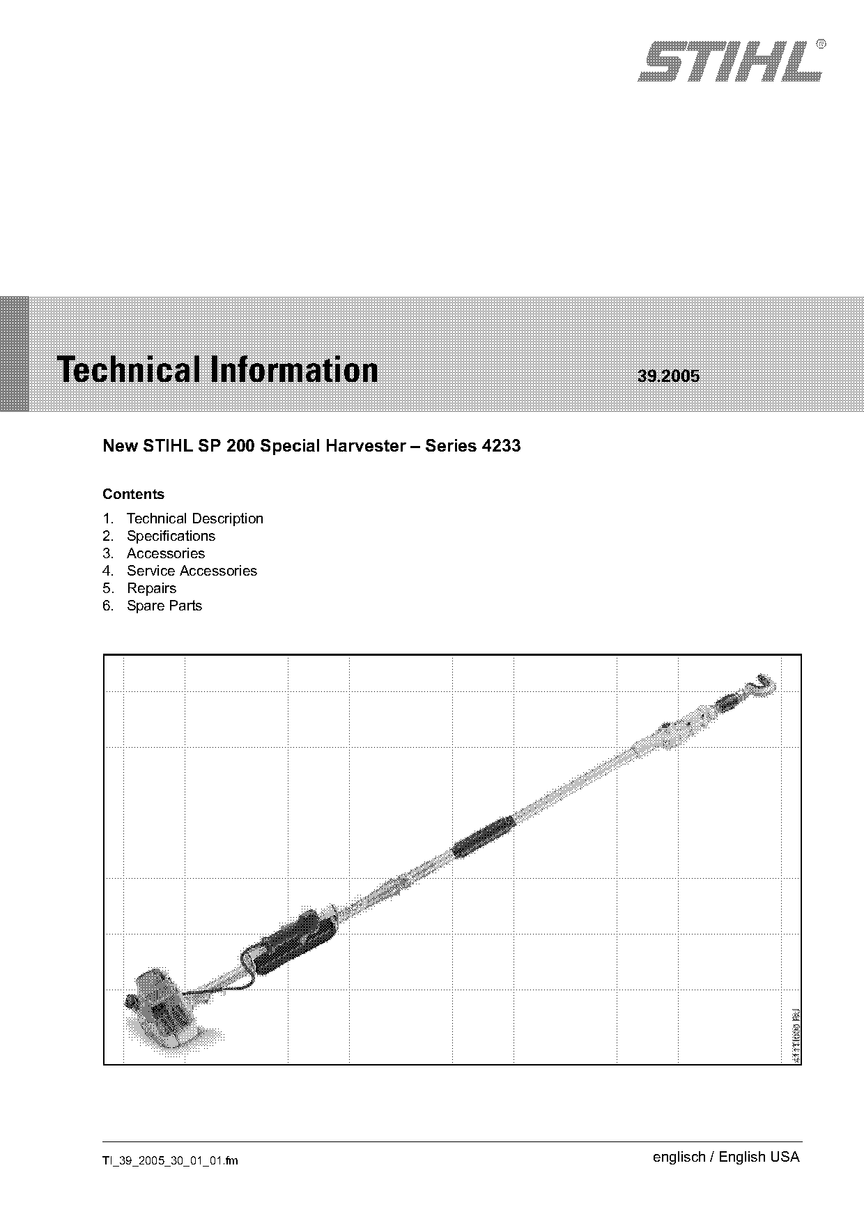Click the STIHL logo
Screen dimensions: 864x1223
(730, 61)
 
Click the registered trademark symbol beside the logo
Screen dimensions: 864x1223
(821, 43)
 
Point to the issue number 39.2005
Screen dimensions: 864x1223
(668, 376)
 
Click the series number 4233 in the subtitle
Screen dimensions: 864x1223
(501, 446)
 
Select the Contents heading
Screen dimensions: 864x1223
(133, 494)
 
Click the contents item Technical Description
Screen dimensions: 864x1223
(195, 518)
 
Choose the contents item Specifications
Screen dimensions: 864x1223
(171, 536)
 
